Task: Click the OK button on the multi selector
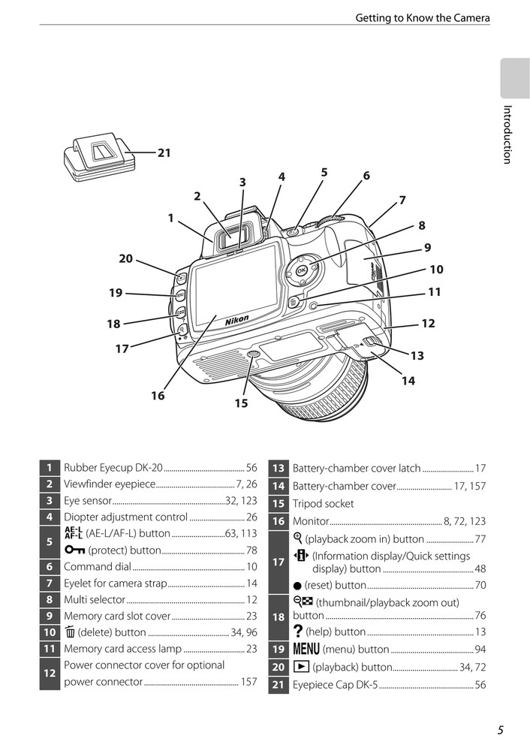301,271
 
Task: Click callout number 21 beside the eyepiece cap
164,152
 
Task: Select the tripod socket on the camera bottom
253,354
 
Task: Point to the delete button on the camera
293,302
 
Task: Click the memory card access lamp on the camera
315,306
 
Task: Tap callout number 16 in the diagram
158,396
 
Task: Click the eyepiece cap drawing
100,158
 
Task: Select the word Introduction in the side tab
507,134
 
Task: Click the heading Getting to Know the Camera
423,18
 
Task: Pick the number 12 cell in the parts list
50,674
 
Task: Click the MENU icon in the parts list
306,649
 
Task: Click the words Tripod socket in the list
323,504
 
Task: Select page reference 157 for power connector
249,682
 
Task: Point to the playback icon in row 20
299,667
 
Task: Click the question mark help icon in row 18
298,632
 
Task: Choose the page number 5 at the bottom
500,730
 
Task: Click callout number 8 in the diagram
421,225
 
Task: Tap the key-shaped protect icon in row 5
74,550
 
